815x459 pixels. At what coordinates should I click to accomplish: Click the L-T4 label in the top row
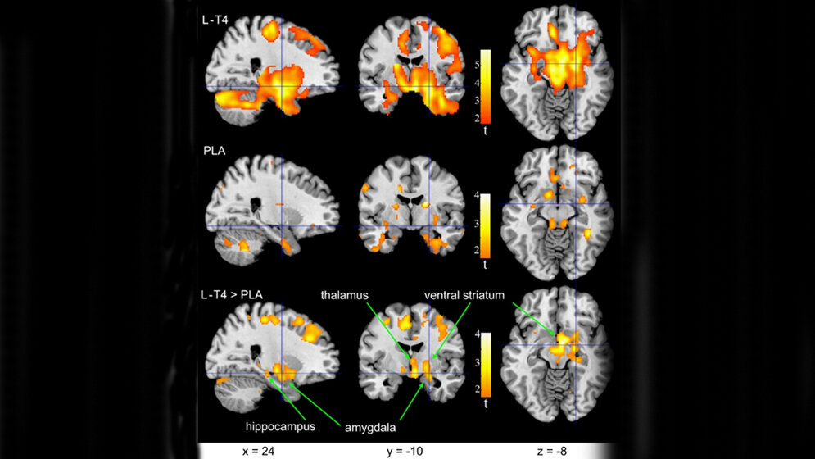215,20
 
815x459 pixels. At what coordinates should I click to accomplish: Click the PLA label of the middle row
215,151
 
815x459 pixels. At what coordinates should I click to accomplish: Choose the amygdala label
365,426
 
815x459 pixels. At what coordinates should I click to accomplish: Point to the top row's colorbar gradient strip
486,85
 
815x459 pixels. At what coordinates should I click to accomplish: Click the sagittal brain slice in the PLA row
270,209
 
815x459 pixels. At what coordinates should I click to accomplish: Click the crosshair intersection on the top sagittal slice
281,87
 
